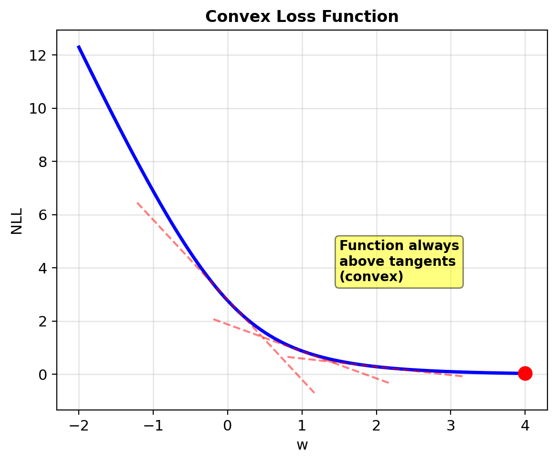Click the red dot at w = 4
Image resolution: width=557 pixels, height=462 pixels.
click(x=525, y=373)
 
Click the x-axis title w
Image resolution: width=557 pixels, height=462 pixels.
click(x=302, y=445)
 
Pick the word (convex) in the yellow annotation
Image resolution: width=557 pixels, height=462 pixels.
click(x=371, y=277)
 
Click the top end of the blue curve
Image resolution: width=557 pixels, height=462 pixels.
click(x=79, y=46)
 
